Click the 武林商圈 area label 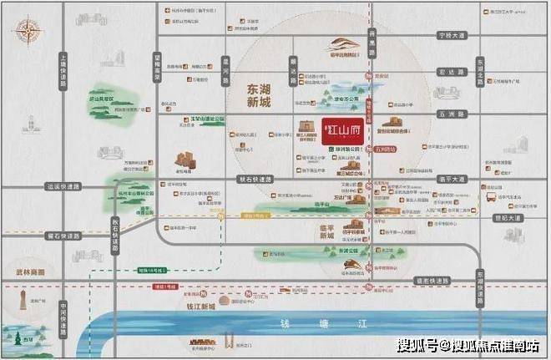pos(27,272)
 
